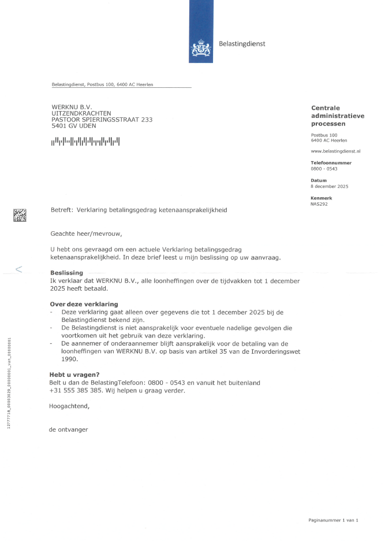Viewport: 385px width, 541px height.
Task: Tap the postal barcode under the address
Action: [x=86, y=140]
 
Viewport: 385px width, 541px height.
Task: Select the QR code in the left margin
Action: [x=20, y=216]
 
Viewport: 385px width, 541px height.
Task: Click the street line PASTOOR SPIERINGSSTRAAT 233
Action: [x=102, y=120]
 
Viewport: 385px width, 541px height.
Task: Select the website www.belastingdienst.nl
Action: [x=335, y=151]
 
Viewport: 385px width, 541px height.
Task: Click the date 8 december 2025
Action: [x=329, y=186]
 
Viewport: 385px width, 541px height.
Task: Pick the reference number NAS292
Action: [x=319, y=204]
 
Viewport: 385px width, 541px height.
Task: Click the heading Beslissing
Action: [x=66, y=272]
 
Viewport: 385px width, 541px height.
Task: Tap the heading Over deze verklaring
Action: [x=84, y=304]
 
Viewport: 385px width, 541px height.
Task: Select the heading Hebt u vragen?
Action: [x=74, y=375]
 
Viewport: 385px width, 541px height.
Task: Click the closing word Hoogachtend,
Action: [x=69, y=406]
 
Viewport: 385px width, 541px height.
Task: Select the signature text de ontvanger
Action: [x=69, y=430]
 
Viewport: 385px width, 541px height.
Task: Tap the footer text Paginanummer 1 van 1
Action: [x=333, y=520]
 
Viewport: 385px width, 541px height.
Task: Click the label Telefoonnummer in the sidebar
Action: [x=331, y=163]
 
